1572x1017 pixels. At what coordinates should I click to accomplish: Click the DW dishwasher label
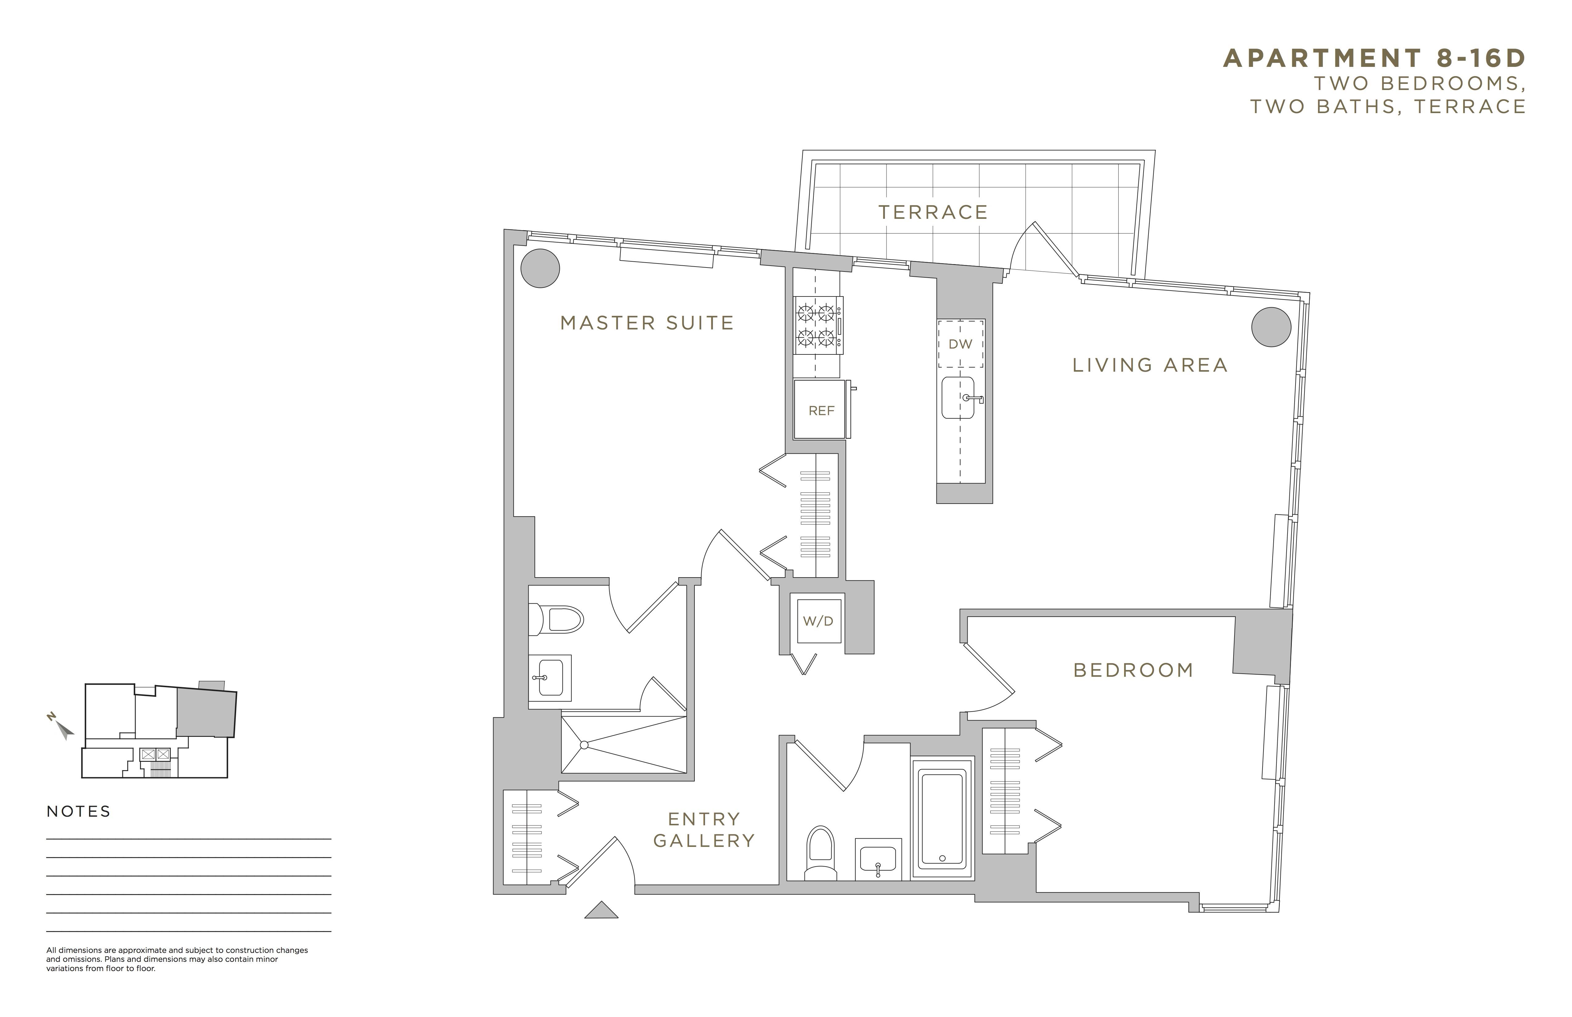[x=960, y=344]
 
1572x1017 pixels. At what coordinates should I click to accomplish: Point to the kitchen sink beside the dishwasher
[x=958, y=398]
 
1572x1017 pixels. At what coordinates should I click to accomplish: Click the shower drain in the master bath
[x=584, y=745]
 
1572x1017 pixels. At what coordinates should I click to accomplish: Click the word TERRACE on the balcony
[x=933, y=212]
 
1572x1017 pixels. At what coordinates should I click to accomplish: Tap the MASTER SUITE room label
[x=647, y=323]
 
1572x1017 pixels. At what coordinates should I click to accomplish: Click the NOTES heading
[x=79, y=812]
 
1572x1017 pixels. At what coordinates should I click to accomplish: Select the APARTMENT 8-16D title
[x=1374, y=58]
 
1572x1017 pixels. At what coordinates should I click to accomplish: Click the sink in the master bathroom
[x=550, y=678]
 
